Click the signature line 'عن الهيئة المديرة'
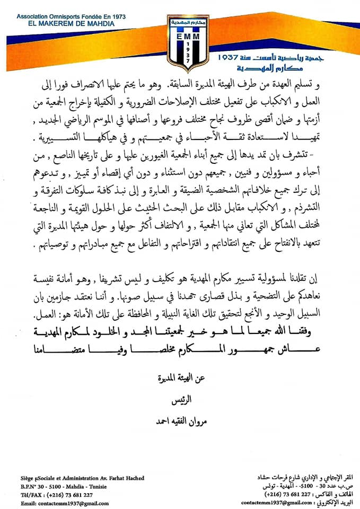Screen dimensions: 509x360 [x=181, y=380]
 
